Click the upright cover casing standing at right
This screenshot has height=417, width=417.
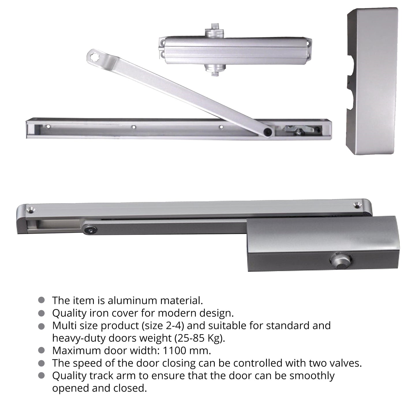(x=372, y=81)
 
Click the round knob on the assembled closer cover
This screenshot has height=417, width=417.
(x=341, y=260)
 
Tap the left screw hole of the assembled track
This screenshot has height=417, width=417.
(x=31, y=210)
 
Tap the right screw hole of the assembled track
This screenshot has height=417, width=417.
(x=356, y=205)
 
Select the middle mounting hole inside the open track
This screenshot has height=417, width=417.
(x=134, y=127)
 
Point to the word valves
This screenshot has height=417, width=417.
(x=346, y=363)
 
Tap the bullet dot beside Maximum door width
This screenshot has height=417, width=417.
(x=41, y=350)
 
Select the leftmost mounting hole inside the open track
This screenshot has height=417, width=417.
(x=48, y=126)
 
